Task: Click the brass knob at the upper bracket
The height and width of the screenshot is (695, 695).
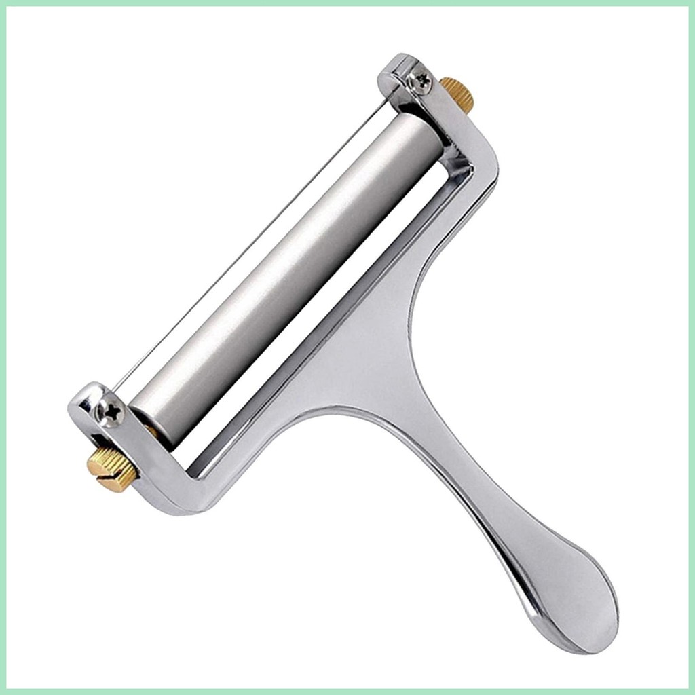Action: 457,94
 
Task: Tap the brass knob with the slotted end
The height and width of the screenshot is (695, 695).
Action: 112,468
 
